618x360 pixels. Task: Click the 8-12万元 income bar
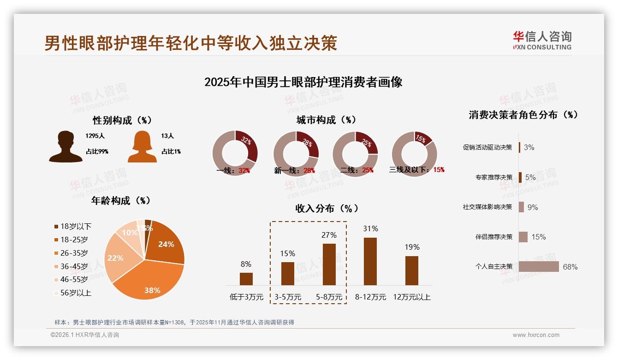pos(370,261)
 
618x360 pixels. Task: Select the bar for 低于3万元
pos(246,279)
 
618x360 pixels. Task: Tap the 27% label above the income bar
pos(329,235)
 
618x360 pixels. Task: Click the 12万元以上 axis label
pos(411,297)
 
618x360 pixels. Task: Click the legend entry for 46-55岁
pos(74,279)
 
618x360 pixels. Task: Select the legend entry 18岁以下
pos(76,226)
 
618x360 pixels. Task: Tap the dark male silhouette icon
pos(65,147)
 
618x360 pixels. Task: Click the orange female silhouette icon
pos(142,147)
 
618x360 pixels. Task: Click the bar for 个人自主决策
pos(539,266)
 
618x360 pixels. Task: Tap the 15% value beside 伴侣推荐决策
pos(538,237)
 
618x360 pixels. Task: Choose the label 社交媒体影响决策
pos(487,207)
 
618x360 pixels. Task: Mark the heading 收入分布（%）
pos(327,208)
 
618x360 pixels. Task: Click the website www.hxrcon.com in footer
pos(536,335)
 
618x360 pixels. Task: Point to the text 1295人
pos(95,136)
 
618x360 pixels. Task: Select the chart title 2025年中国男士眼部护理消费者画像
pos(303,82)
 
